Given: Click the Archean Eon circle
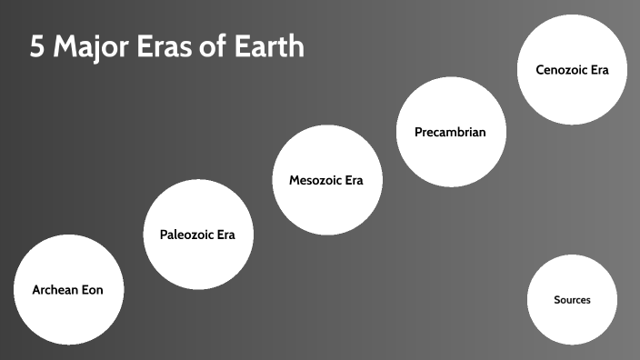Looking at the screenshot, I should click(68, 291).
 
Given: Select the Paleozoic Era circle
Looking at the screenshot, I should click(198, 234).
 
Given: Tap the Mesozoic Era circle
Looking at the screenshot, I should click(326, 180).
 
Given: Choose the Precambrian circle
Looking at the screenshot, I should click(450, 132).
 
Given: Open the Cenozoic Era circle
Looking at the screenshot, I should click(572, 70).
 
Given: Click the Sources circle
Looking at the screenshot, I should click(572, 300).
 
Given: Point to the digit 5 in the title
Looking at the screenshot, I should click(37, 46).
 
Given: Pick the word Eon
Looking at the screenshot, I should click(93, 291).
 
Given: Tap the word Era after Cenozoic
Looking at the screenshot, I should click(598, 70).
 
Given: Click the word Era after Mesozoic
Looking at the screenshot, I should click(353, 180).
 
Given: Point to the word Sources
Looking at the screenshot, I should click(572, 300).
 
